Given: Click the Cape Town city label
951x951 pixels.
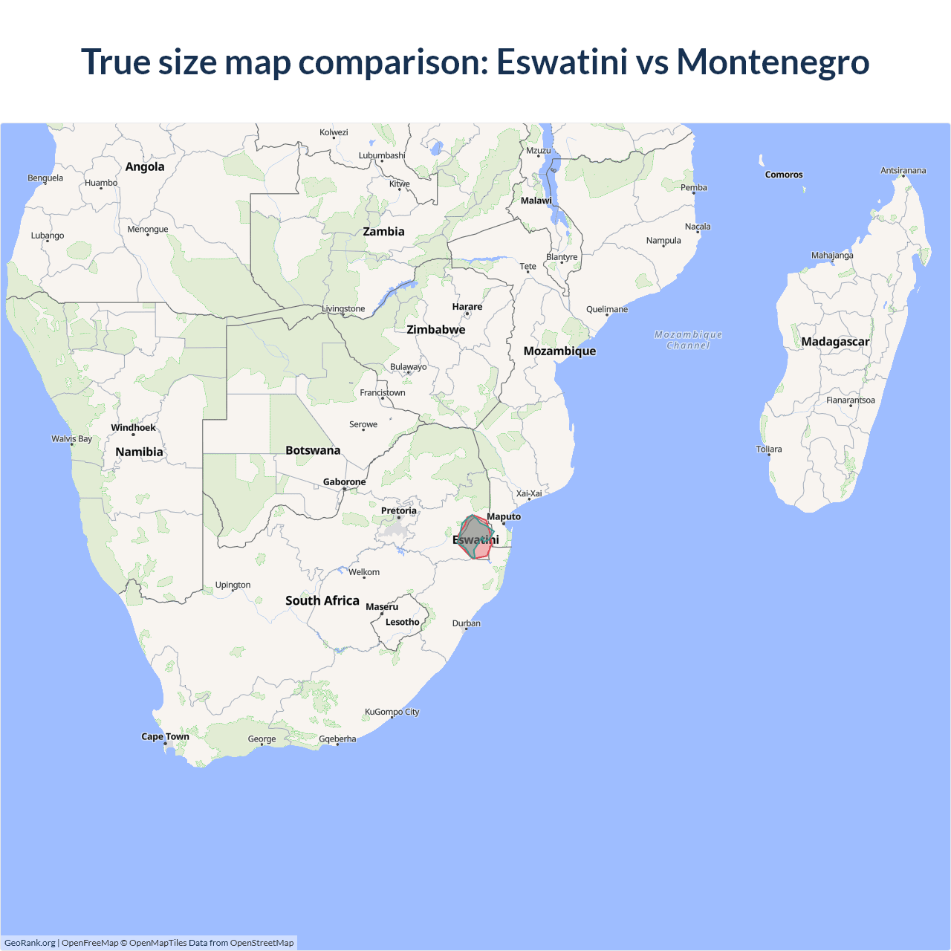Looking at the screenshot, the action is pos(165,737).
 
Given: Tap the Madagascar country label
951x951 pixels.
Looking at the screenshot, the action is pos(835,342).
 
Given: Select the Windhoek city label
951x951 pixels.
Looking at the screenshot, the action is pos(133,428).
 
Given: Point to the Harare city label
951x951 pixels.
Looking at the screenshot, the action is pos(467,307).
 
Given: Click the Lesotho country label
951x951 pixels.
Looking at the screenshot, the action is pos(402,623).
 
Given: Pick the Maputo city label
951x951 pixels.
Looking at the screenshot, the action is pos(504,517).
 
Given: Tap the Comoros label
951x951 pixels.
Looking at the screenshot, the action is pos(784,175).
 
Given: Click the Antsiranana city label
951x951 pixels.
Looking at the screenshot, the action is pos(903,171).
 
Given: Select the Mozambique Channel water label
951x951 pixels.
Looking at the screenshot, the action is pos(688,340).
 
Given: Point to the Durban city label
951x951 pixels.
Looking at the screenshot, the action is pos(467,623).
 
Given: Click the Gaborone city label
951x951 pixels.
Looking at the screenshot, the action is pos(344,482).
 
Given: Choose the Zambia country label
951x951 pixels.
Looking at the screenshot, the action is pos(383,232).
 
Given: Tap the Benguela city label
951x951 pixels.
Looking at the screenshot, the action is pos(45,178).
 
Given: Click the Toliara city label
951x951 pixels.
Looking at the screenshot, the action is pos(769,449).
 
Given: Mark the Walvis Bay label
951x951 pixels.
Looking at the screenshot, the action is pos(71,439).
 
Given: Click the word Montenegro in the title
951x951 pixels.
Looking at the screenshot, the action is pos(773,62).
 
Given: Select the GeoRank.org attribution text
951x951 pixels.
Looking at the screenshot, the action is pos(30,943).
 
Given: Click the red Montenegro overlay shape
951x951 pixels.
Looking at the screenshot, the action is pos(483,551).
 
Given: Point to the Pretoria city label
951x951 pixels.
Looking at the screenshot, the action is pos(398,511).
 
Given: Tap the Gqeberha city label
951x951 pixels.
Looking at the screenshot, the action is pos(337,739).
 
